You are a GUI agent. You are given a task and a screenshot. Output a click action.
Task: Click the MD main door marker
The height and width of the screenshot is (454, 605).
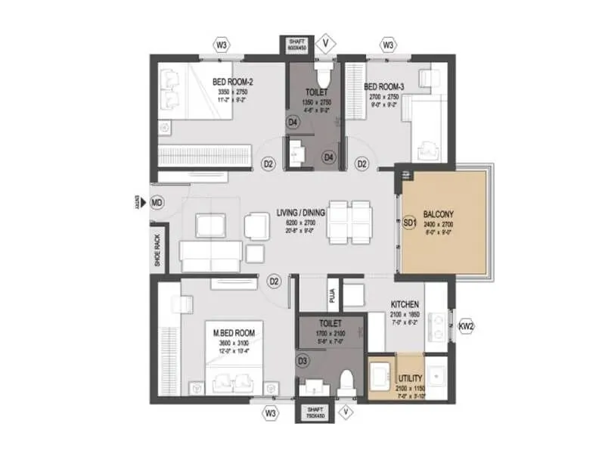157,203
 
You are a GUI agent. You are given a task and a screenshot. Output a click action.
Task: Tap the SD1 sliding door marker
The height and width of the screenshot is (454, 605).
410,225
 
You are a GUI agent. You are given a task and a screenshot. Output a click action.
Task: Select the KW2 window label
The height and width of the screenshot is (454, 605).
465,327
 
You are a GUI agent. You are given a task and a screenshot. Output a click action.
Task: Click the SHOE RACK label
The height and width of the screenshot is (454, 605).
157,250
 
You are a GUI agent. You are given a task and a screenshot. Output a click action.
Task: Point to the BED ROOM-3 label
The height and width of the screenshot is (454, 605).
385,87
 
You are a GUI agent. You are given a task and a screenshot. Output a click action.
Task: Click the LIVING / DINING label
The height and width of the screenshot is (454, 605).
300,213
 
